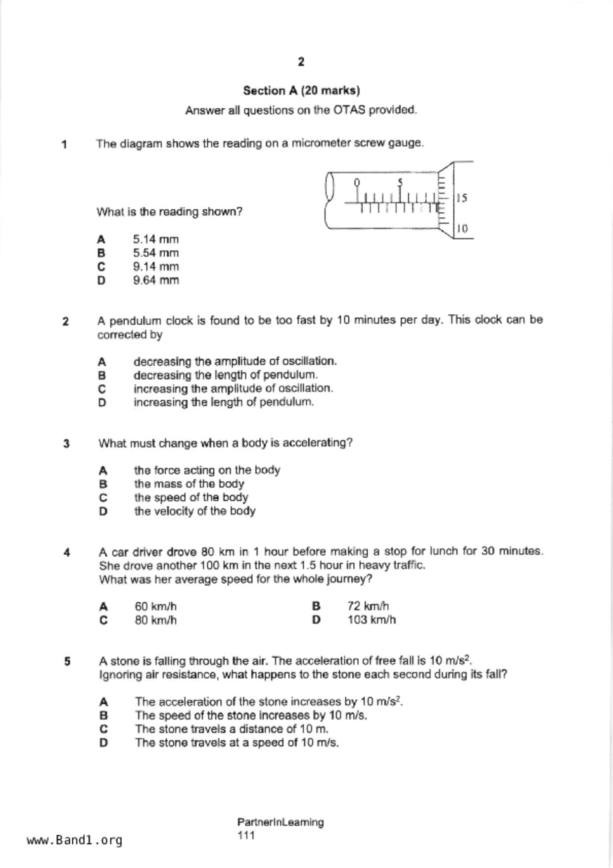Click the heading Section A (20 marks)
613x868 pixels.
tap(301, 91)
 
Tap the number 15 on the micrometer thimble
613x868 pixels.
tap(462, 198)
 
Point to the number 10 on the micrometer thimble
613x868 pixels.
tap(462, 229)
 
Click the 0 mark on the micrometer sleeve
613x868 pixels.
tap(357, 182)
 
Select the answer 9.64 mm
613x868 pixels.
tap(156, 280)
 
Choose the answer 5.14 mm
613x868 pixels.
tap(156, 240)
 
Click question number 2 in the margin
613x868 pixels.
tap(66, 322)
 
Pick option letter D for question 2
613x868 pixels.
tap(102, 402)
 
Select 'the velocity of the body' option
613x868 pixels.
tap(194, 511)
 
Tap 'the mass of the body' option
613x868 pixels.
tap(189, 484)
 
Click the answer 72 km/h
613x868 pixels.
tap(368, 606)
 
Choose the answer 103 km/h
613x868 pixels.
tap(372, 620)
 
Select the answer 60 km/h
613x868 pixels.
tap(156, 607)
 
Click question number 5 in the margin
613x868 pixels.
tap(67, 662)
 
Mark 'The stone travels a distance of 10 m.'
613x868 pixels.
tap(232, 729)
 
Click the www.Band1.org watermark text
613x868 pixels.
tap(75, 840)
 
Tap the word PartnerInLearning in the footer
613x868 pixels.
tap(281, 822)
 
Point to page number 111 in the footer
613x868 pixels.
tap(246, 836)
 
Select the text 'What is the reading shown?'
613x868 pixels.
tap(169, 212)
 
